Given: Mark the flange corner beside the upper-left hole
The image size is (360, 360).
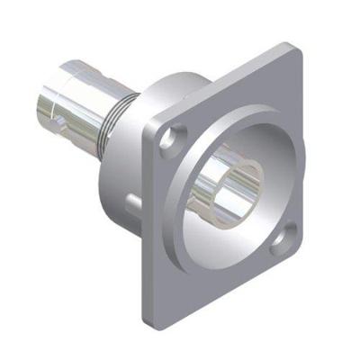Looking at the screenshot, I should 146,126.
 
